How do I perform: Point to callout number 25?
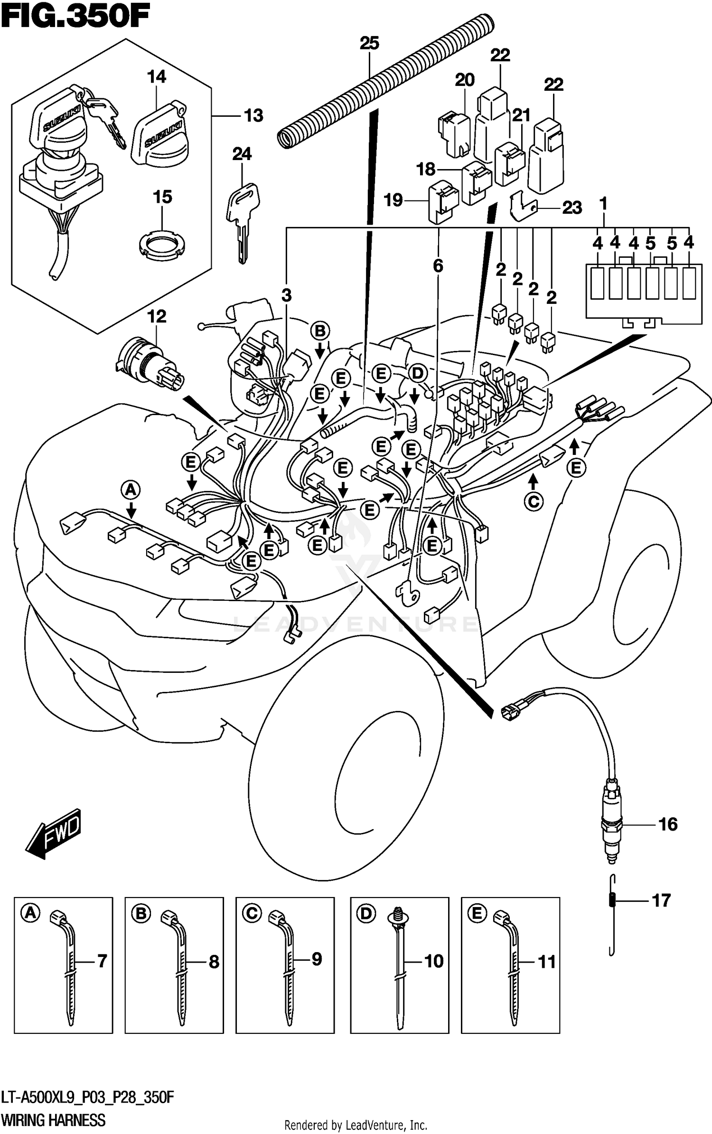pyautogui.click(x=369, y=44)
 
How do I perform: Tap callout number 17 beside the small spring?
pyautogui.click(x=661, y=900)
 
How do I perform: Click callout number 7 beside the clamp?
pyautogui.click(x=102, y=962)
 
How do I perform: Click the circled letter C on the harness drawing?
pyautogui.click(x=534, y=501)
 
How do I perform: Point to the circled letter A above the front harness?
pyautogui.click(x=131, y=489)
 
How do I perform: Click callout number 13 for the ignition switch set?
pyautogui.click(x=253, y=115)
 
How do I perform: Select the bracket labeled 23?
pyautogui.click(x=523, y=208)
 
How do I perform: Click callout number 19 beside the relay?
pyautogui.click(x=393, y=200)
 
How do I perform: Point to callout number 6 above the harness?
pyautogui.click(x=438, y=266)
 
